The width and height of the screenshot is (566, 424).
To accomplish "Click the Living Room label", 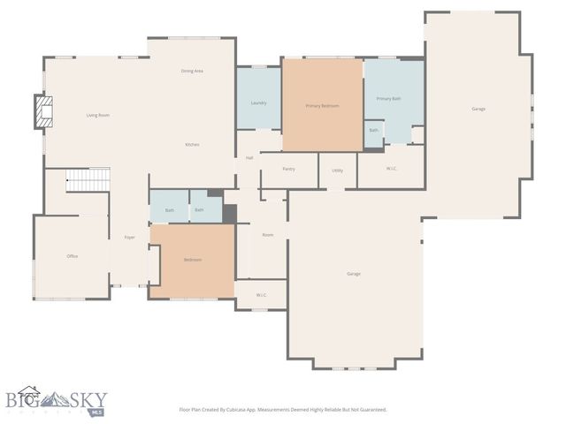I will pyautogui.click(x=97, y=116).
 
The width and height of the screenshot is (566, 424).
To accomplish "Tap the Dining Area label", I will pyautogui.click(x=193, y=71).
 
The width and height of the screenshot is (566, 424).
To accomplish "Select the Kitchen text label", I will pyautogui.click(x=192, y=144).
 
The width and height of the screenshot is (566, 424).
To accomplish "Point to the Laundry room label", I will pyautogui.click(x=258, y=103).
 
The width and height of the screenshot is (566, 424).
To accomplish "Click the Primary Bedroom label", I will pyautogui.click(x=322, y=106).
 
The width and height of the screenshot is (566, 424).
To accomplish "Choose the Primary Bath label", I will pyautogui.click(x=388, y=99).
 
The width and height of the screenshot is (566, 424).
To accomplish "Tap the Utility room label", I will pyautogui.click(x=338, y=170).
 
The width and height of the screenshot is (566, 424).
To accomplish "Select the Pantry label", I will pyautogui.click(x=288, y=169).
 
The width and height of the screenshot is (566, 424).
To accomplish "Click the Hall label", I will pyautogui.click(x=249, y=158).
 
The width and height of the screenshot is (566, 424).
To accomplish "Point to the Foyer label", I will pyautogui.click(x=129, y=238).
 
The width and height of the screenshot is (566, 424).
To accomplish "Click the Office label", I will pyautogui.click(x=73, y=256).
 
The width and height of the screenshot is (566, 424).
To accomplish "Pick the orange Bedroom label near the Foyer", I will pyautogui.click(x=193, y=260).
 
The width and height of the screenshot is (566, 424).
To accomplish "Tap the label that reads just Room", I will pyautogui.click(x=267, y=235).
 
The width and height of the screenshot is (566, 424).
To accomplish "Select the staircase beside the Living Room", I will pyautogui.click(x=88, y=180).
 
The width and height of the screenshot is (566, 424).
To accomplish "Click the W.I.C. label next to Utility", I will pyautogui.click(x=391, y=169).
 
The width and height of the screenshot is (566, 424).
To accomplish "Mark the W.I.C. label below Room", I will pyautogui.click(x=261, y=295).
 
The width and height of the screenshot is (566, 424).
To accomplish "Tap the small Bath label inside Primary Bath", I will pyautogui.click(x=374, y=131).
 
